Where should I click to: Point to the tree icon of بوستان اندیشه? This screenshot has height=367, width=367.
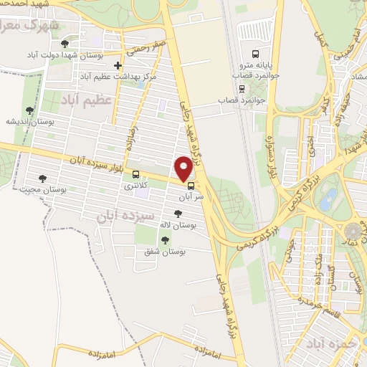tap(29, 110)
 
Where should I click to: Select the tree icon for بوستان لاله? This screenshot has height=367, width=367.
tap(178, 214)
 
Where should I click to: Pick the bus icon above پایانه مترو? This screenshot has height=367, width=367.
tap(256, 54)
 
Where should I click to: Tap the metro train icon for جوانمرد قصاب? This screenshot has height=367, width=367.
tap(242, 88)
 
